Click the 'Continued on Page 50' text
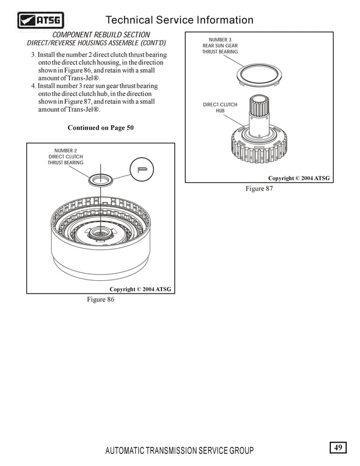(x=101, y=128)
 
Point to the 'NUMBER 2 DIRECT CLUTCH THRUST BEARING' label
(x=65, y=157)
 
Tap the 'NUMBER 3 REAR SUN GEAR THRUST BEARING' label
(x=220, y=45)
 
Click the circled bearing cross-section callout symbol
(x=140, y=169)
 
